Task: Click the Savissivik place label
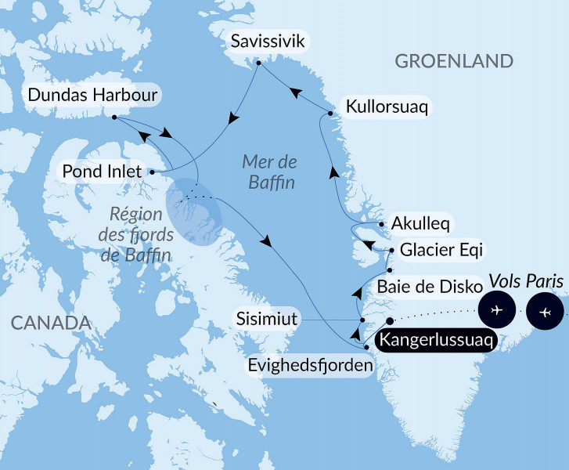pos(265,41)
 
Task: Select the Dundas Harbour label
pos(93,96)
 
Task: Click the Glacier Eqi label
pos(441,251)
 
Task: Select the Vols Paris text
pos(526,280)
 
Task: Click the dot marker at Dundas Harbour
pos(114,117)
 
